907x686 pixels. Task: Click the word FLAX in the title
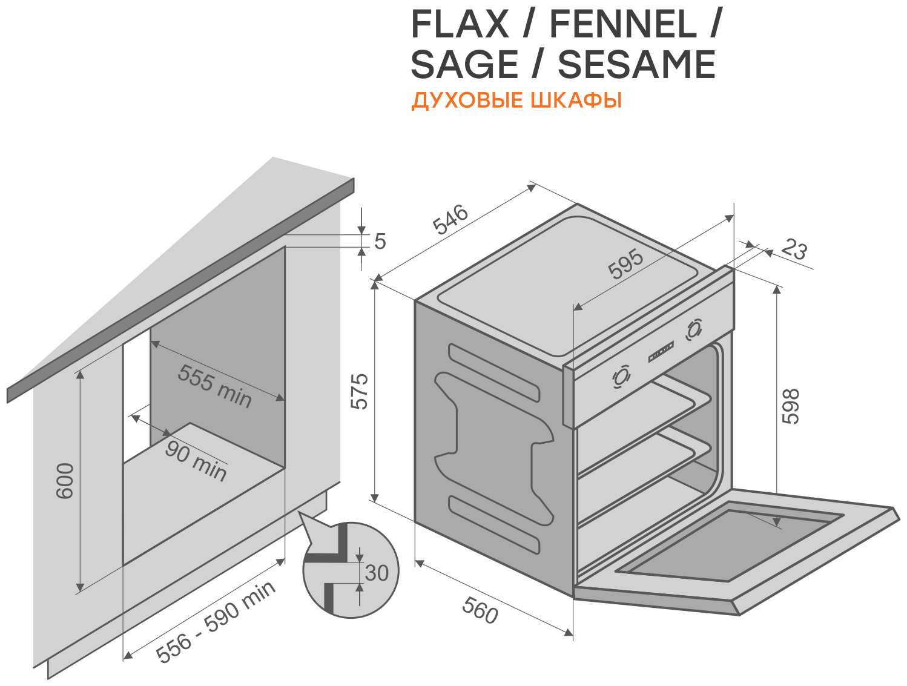tap(460, 24)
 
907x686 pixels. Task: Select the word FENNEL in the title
tap(624, 24)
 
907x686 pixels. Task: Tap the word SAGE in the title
tap(464, 64)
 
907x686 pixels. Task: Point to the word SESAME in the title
tap(636, 64)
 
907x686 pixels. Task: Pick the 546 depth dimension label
tap(450, 219)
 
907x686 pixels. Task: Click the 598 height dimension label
tap(791, 406)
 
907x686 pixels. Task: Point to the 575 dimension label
tap(359, 391)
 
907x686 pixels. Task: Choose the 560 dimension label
tap(480, 610)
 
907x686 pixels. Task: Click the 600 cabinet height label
tap(65, 481)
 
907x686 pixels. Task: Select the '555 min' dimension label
tap(214, 386)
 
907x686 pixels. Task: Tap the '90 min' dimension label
tap(196, 461)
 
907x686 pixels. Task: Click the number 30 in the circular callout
tap(377, 573)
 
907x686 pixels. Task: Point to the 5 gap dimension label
tap(380, 241)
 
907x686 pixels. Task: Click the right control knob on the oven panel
tap(694, 329)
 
